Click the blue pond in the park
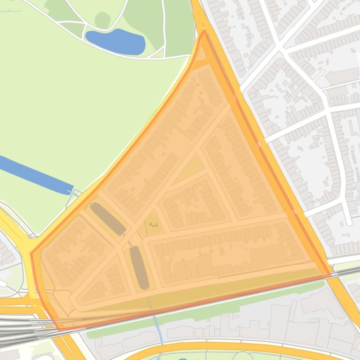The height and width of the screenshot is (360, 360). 116,41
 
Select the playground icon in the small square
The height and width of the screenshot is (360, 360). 153,225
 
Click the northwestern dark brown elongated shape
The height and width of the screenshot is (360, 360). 108,219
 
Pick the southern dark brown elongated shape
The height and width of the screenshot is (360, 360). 139,267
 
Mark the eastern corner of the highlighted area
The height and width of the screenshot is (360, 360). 329,273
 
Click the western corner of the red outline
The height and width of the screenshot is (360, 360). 31,254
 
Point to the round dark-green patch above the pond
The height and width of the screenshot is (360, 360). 103,20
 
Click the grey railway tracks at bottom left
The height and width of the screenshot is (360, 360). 19,327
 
